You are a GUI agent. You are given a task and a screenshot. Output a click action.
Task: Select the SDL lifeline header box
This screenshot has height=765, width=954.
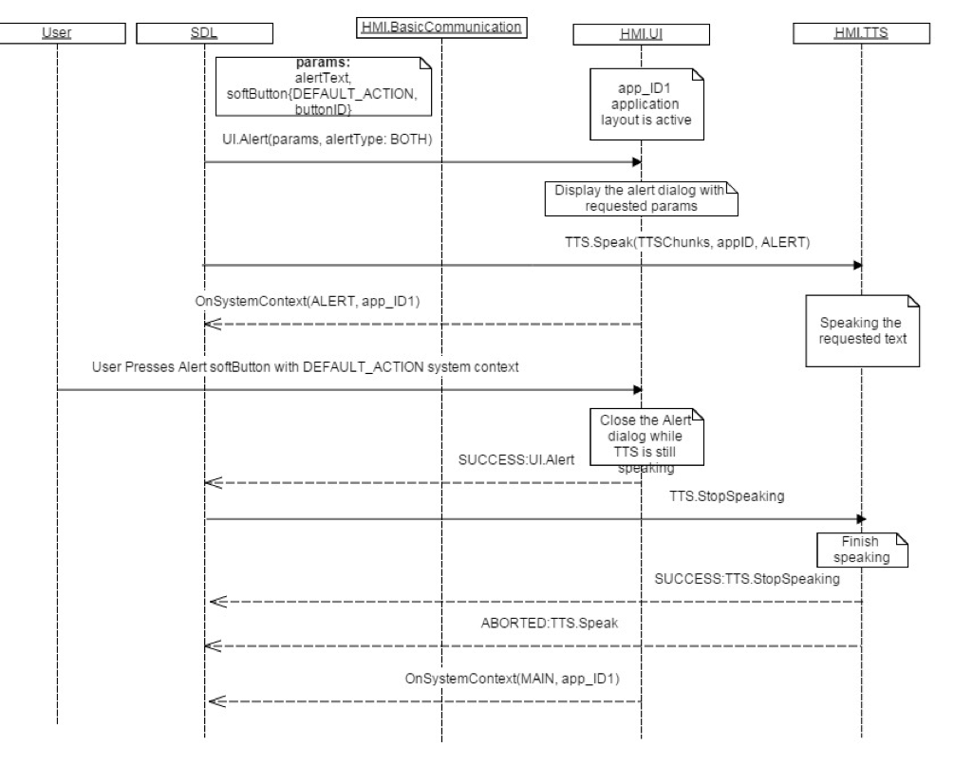click(x=203, y=33)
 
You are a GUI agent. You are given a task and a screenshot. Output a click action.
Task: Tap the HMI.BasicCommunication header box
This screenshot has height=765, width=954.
click(x=441, y=28)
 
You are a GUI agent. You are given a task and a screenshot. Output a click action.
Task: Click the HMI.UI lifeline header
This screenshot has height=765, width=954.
click(x=641, y=34)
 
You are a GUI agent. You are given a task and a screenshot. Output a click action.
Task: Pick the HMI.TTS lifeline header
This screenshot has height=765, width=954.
click(x=861, y=33)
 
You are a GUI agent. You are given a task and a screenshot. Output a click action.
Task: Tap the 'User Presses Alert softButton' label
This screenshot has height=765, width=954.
click(x=305, y=368)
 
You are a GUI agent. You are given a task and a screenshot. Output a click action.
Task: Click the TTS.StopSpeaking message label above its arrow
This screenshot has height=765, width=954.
click(x=727, y=496)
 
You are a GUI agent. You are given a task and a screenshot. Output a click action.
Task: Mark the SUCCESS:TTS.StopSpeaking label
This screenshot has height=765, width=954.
click(x=747, y=578)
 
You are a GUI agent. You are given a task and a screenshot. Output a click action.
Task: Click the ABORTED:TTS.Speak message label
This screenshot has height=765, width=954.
click(x=550, y=624)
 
